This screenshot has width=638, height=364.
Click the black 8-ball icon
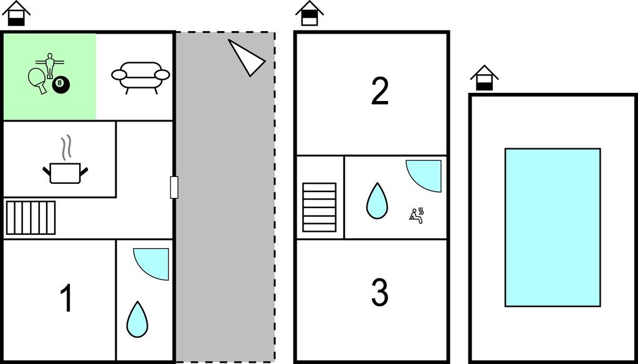[x=60, y=84]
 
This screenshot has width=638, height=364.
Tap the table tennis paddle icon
[x=37, y=79]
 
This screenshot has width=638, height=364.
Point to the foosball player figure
[x=50, y=65]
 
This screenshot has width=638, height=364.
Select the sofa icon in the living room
[x=140, y=77]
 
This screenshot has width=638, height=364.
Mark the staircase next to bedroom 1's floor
[x=31, y=218]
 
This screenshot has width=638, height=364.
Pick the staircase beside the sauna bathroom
[x=320, y=207]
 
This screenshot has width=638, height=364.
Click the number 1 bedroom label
[x=66, y=298]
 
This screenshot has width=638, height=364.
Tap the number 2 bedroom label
[x=379, y=91]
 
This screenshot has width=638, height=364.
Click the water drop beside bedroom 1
[x=137, y=320]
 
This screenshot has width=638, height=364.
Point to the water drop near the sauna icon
[x=377, y=201]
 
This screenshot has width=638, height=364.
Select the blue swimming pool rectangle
[x=553, y=228]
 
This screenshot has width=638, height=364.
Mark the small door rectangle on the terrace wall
[x=174, y=187]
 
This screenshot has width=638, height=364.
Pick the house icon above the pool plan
[x=484, y=78]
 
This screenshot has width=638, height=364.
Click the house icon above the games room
[x=16, y=13]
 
